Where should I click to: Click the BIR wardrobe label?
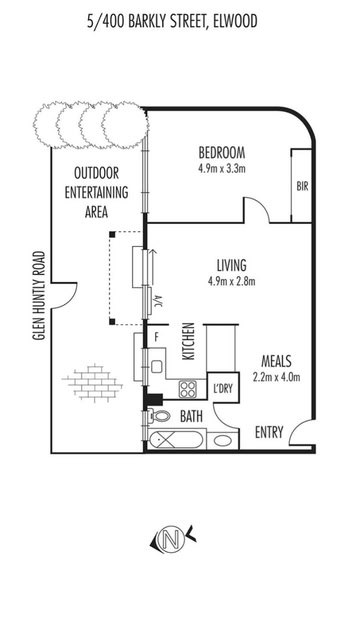(302, 187)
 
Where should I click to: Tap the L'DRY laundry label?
(223, 388)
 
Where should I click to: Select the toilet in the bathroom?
(160, 416)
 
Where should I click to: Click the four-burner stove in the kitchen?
(188, 389)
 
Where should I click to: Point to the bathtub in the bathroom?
(176, 440)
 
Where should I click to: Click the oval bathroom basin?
(223, 440)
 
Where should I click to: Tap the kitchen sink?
(156, 367)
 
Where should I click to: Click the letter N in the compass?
(171, 541)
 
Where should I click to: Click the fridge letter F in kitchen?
(155, 337)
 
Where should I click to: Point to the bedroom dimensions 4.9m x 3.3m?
(222, 169)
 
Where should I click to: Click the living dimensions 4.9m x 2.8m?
(231, 281)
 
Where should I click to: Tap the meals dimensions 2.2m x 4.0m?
(276, 377)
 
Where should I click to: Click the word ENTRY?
(269, 432)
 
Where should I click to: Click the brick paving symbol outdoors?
(93, 382)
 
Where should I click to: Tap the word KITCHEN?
(188, 341)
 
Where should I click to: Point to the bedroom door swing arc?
(261, 207)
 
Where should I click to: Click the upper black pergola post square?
(112, 234)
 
